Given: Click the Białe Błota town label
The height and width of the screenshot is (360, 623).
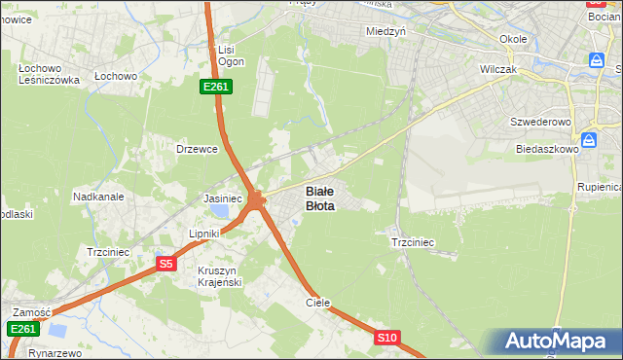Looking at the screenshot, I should pos(321,198).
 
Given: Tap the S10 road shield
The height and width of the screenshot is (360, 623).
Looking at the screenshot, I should pos(386,338).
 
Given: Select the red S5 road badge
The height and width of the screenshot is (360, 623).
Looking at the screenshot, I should pos(165,264).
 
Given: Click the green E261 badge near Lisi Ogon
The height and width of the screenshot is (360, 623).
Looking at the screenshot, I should pos(216,87).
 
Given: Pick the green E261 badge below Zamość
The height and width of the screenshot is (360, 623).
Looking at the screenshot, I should pos(24,330).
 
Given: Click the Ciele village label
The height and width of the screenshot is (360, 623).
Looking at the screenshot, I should pos(318,303).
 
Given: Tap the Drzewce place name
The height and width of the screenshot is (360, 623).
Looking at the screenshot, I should pos(196,149).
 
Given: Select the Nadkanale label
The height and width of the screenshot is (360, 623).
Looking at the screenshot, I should pos(98,196).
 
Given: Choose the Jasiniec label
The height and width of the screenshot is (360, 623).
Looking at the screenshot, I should pos(222,198).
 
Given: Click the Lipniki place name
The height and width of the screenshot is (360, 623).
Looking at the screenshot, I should pos(206,234).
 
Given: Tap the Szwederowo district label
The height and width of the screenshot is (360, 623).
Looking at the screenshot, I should pos(540,123).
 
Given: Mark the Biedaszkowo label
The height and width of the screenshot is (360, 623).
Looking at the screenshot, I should pos(547,150).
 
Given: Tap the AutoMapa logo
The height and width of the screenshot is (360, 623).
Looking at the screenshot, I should pos(560,342).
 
